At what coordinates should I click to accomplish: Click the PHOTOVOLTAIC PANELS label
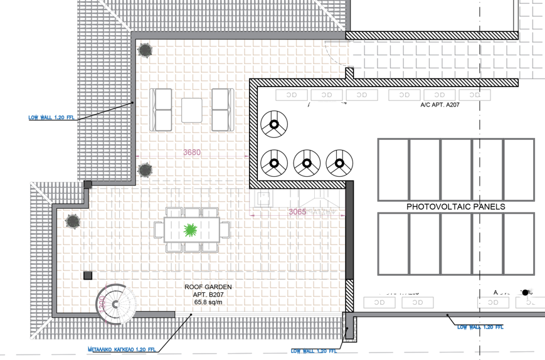point(456,206)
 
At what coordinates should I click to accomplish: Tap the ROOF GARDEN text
point(208,287)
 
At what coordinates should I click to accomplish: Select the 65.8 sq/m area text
point(208,302)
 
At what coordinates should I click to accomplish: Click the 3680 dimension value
point(192,152)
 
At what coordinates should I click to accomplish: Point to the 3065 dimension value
point(297,212)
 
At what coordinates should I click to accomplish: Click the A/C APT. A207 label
point(440,105)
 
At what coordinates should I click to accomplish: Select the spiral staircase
point(116,304)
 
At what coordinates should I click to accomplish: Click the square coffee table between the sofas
point(192,110)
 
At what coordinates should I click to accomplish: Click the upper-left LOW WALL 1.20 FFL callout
point(52,117)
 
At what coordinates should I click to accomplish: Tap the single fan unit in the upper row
point(273,125)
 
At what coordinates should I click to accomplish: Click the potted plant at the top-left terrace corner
point(145,50)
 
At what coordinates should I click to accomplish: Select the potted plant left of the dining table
point(73,221)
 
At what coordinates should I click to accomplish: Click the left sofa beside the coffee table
point(162,109)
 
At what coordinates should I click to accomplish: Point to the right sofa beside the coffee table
point(222,109)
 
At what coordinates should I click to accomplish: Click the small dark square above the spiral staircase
point(88,275)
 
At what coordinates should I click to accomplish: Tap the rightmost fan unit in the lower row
point(339,164)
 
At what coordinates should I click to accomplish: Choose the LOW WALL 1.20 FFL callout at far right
point(480,327)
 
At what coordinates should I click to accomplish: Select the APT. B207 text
point(208,294)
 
